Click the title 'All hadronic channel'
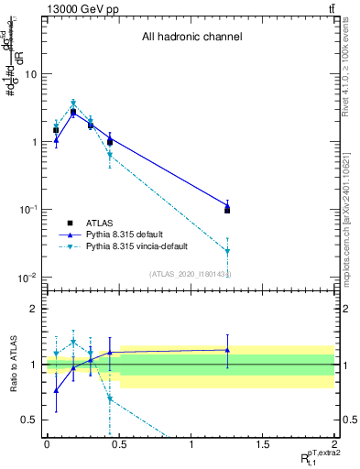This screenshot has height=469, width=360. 191,38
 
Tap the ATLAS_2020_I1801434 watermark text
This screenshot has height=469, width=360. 190,274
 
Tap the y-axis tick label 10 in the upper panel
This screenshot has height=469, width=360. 30,74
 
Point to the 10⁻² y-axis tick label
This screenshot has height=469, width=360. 28,278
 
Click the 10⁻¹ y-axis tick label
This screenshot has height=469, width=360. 28,210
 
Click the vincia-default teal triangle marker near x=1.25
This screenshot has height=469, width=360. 227,251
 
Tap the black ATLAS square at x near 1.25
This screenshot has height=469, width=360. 227,210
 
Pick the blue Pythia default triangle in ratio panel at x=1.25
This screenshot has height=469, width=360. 227,350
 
